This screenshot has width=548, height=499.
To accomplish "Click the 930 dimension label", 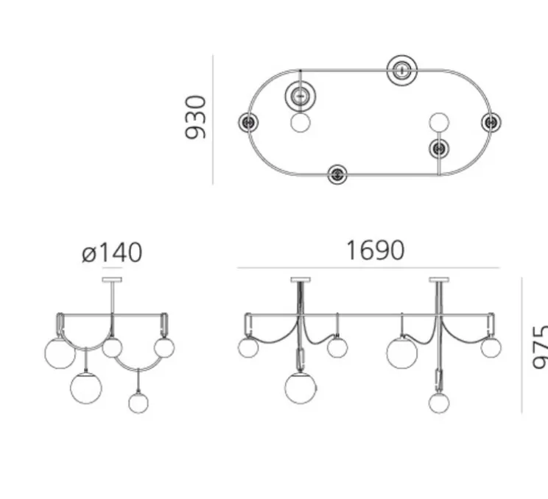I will pyautogui.click(x=196, y=117).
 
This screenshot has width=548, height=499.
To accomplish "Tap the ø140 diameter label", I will pyautogui.click(x=112, y=253).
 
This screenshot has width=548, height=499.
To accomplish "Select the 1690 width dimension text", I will pyautogui.click(x=375, y=251).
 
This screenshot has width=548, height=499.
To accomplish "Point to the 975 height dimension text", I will pyautogui.click(x=539, y=346).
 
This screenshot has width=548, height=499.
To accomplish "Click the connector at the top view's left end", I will pyautogui.click(x=248, y=121).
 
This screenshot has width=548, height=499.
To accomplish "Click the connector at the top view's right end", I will pyautogui.click(x=491, y=121).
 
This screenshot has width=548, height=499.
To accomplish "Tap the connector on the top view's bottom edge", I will pyautogui.click(x=337, y=174).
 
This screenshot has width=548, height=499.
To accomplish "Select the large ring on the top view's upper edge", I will pyautogui.click(x=402, y=70).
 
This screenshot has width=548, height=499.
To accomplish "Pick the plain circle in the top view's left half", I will pyautogui.click(x=300, y=122).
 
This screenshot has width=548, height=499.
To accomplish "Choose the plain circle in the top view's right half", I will pyautogui.click(x=439, y=122).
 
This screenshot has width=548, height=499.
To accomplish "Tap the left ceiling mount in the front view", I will pyautogui.click(x=301, y=279).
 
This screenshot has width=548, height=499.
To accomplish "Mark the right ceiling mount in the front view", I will pyautogui.click(x=440, y=279).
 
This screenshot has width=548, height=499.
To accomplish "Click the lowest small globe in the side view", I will pyautogui.click(x=138, y=403).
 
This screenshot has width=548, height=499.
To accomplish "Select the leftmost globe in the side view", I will pyautogui.click(x=59, y=352).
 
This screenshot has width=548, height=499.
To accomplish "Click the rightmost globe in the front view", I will pyautogui.click(x=491, y=346).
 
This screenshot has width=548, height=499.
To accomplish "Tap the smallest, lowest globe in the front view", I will pyautogui.click(x=439, y=403).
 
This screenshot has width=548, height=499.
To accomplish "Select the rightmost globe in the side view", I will pyautogui.click(x=164, y=347).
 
